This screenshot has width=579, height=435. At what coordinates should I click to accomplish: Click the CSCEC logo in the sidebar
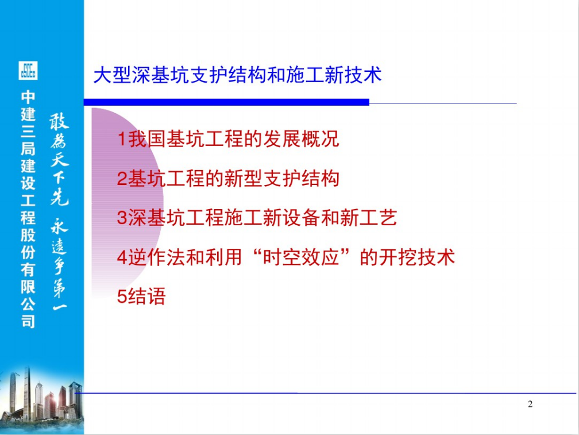[x=28, y=71]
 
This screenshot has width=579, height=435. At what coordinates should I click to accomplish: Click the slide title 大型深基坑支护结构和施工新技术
[x=237, y=75]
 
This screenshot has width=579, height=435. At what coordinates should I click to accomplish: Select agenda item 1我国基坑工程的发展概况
[x=228, y=139]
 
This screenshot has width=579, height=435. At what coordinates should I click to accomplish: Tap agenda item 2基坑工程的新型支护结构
[x=228, y=178]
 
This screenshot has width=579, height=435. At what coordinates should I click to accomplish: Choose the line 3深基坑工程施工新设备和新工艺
[x=257, y=217]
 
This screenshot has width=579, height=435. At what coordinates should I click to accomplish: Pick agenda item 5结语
[x=141, y=296]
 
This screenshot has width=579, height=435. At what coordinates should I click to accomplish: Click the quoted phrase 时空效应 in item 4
[x=301, y=257]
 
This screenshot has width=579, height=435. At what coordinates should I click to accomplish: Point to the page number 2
[x=530, y=404]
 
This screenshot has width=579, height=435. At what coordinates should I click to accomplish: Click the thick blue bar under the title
[x=226, y=102]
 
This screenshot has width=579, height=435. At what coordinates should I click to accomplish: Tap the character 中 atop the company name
[x=28, y=97]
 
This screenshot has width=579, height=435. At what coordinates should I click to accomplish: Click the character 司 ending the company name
[x=28, y=321]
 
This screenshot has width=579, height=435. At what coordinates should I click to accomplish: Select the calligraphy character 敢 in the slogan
[x=59, y=121]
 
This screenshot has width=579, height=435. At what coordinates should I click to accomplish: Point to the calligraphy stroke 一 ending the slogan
[x=60, y=306]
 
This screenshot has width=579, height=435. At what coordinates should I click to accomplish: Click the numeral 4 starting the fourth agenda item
[x=122, y=257]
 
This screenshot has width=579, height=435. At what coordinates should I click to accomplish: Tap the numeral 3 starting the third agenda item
[x=122, y=218]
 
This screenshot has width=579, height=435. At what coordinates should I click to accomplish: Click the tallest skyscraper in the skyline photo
[x=27, y=391]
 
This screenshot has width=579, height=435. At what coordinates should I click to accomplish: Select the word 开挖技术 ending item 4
[x=417, y=257]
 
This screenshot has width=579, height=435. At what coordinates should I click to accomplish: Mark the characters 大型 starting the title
[x=112, y=75]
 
